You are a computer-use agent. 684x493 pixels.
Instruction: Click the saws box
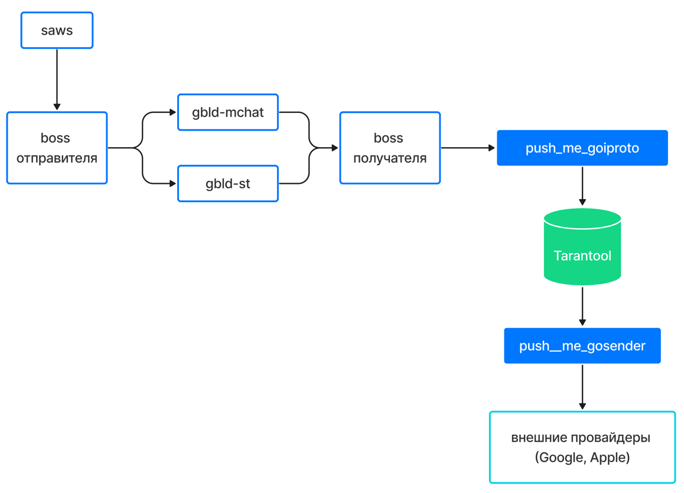57,30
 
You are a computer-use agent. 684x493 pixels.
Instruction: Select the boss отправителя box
57,148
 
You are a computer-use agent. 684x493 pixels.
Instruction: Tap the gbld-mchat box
228,112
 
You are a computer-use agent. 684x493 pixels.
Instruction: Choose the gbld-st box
228,183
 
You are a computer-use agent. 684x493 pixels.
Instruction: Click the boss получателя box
390,148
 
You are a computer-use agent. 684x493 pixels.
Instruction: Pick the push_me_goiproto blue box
582,148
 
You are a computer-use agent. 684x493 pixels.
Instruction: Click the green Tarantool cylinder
582,246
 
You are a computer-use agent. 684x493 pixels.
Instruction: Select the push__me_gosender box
582,346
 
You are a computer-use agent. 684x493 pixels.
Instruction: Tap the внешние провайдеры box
582,447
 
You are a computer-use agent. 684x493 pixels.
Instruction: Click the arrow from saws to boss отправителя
57,79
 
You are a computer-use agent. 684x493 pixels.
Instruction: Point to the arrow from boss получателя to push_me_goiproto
468,148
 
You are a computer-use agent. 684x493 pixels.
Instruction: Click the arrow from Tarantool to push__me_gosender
582,306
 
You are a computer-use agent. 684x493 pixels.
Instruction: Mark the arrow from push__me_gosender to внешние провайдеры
582,387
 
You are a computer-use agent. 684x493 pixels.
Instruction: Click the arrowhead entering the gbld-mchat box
172,112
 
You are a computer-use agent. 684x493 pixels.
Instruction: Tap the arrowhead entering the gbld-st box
172,183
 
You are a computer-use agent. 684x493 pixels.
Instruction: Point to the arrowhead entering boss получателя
335,148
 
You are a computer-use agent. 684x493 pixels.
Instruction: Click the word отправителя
57,158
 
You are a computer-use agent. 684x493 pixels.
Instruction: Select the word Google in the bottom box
562,458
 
